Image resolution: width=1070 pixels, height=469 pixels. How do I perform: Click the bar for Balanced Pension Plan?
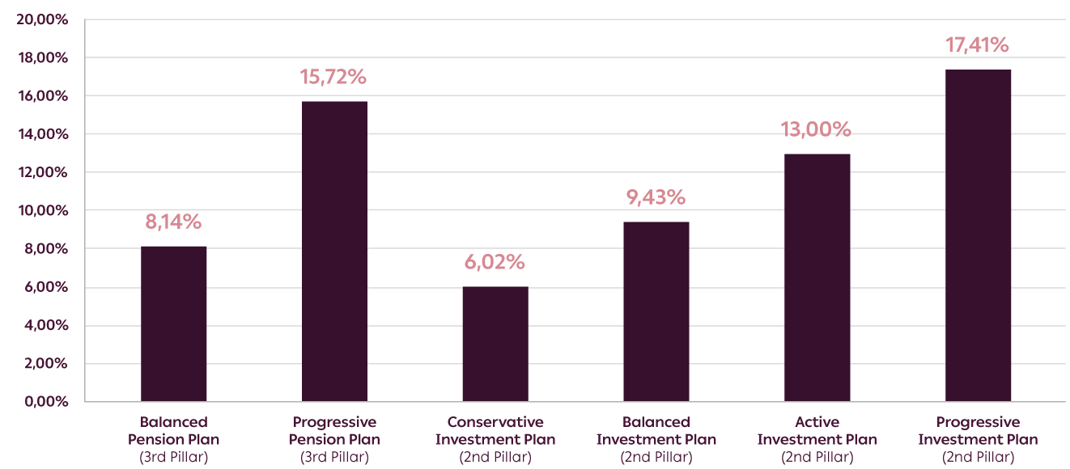tap(173, 323)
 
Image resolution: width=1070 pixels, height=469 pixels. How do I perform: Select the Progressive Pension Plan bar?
tap(334, 251)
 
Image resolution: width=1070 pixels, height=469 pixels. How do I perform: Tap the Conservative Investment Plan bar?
tap(495, 344)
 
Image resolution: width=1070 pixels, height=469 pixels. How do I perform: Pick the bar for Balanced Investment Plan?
tap(656, 311)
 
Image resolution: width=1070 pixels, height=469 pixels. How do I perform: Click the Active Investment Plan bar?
tap(817, 277)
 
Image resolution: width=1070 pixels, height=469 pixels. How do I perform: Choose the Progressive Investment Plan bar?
tap(978, 235)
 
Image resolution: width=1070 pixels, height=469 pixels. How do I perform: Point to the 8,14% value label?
tap(173, 222)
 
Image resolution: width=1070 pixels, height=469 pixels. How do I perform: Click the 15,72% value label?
tap(334, 78)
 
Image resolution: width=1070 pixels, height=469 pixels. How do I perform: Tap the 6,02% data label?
tap(495, 262)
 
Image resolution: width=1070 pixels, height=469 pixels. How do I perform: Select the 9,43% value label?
tap(656, 197)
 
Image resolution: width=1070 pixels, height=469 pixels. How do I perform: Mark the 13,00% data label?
tap(817, 129)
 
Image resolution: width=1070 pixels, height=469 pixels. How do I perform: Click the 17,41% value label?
tap(978, 45)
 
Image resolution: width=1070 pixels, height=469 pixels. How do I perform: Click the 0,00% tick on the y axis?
tap(45, 402)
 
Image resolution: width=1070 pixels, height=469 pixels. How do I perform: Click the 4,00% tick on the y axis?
tap(45, 326)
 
